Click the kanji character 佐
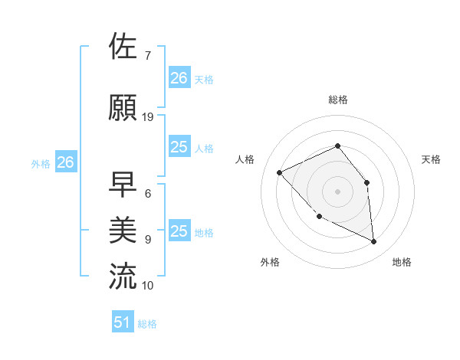(123, 47)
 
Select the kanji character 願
(123, 107)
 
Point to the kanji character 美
(123, 230)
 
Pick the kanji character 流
(123, 276)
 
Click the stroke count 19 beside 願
(148, 116)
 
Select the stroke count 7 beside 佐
(148, 56)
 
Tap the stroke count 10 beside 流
(148, 285)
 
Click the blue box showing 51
(123, 322)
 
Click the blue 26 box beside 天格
(179, 78)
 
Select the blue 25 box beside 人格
(179, 147)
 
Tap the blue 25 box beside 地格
(179, 231)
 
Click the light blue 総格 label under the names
(147, 324)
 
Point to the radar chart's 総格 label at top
(337, 100)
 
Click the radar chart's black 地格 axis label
(402, 262)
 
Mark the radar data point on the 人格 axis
(280, 172)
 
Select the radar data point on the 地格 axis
(374, 242)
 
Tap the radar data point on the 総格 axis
(337, 146)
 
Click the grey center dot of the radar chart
(337, 191)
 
